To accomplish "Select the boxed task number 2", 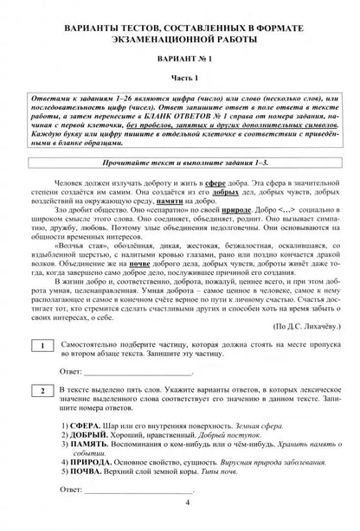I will [x=42, y=392].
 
